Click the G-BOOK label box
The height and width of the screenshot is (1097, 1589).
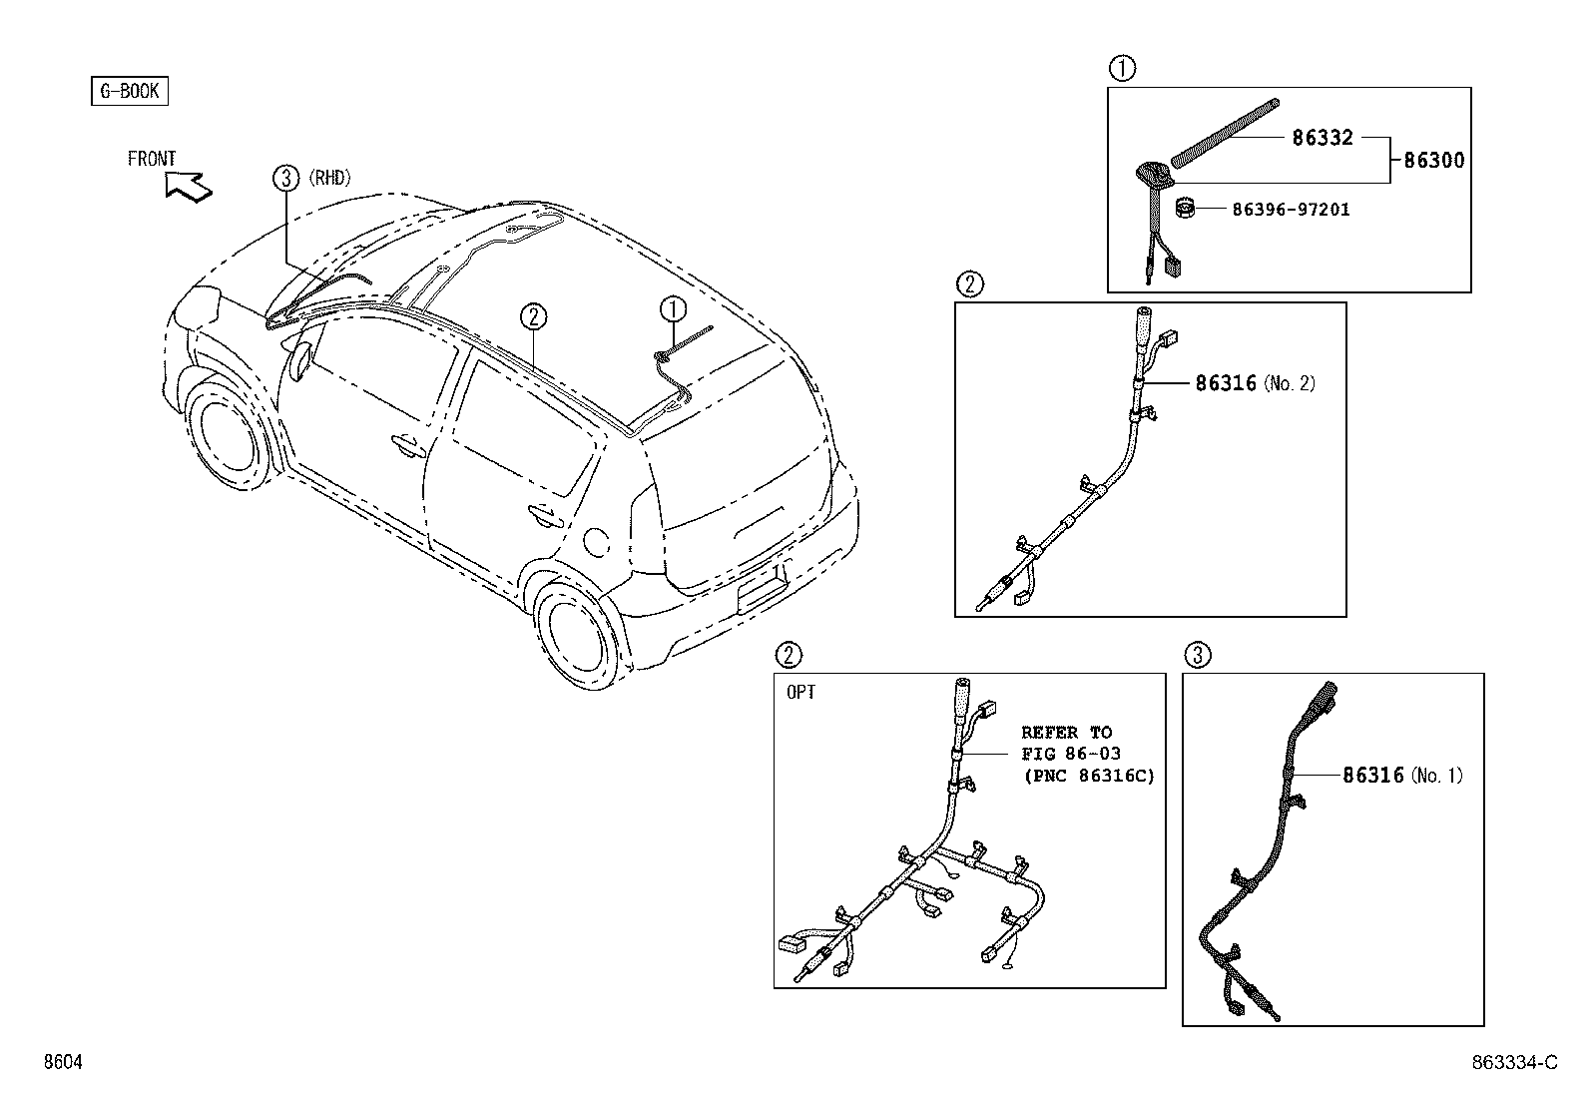click(130, 92)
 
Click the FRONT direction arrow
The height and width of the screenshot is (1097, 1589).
click(189, 185)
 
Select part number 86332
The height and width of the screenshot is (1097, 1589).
click(1323, 138)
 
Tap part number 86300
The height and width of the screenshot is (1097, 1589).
click(1434, 160)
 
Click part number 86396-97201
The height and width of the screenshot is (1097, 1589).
click(1291, 210)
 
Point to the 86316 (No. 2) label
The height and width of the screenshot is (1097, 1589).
click(1255, 382)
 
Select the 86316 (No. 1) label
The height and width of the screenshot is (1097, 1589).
click(1402, 775)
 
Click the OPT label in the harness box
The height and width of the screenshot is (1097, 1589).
click(800, 692)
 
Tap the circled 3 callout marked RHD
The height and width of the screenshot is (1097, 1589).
click(286, 179)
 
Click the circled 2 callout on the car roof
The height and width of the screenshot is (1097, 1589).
click(533, 316)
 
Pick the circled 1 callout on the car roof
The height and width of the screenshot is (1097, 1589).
click(673, 308)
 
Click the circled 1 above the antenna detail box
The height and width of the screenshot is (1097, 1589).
click(1123, 69)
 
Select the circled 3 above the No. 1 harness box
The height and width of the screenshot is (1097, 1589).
click(1198, 655)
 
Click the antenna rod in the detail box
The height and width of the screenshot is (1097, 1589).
click(1226, 132)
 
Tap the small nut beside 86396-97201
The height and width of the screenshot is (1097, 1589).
click(1185, 210)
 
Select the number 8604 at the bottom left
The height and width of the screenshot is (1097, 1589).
click(62, 1063)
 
